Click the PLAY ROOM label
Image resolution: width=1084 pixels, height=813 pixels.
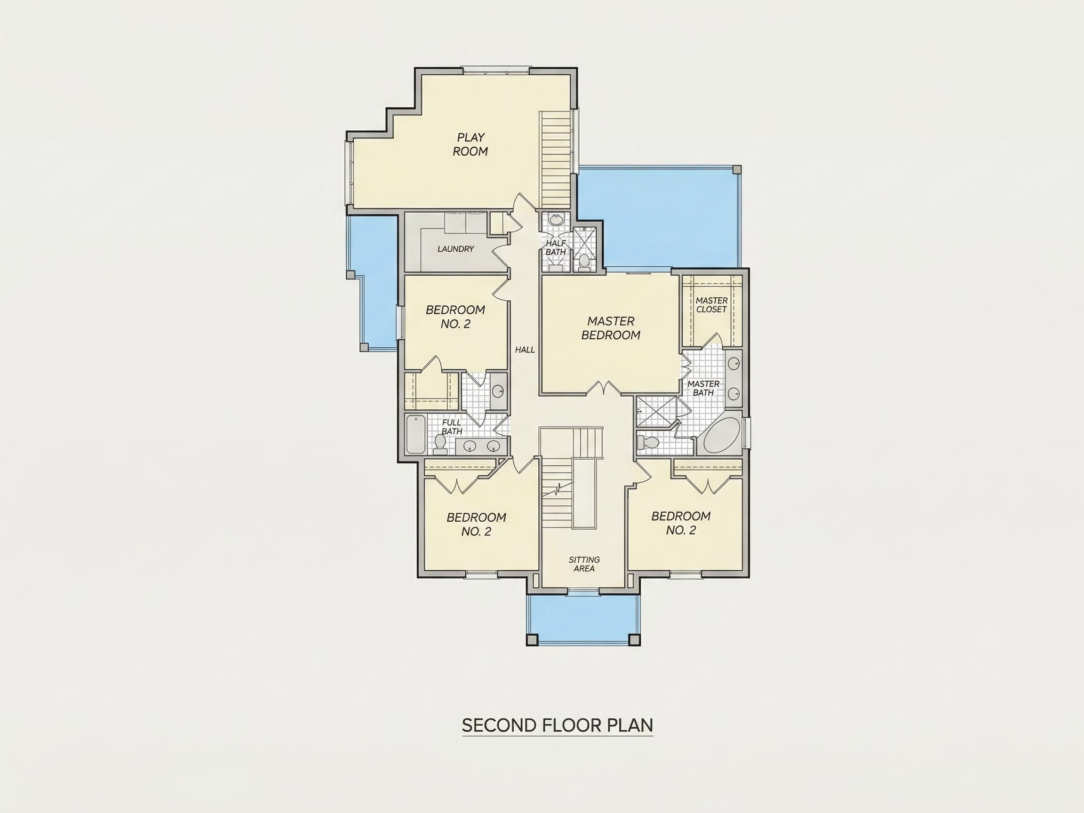470,144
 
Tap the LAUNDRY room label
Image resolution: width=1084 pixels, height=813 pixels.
456,249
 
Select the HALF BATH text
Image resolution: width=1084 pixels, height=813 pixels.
556,247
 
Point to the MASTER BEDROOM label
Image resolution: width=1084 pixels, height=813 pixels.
611,328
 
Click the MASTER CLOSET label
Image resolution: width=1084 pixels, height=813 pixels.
711,305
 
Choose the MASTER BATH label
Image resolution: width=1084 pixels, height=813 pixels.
703,388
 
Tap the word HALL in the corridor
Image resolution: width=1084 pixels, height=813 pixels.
525,350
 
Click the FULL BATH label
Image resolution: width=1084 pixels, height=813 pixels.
452,427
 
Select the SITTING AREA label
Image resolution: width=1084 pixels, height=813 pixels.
584,564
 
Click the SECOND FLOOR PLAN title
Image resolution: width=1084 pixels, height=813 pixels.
557,725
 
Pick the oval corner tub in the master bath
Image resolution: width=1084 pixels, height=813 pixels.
722,436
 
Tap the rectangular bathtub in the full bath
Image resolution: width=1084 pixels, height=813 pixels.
416,434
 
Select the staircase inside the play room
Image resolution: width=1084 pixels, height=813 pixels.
556,160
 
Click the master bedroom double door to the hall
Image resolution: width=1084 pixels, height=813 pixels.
604,388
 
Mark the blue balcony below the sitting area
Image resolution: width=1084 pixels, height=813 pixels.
583,620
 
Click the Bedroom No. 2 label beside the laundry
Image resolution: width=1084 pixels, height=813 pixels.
455,317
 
